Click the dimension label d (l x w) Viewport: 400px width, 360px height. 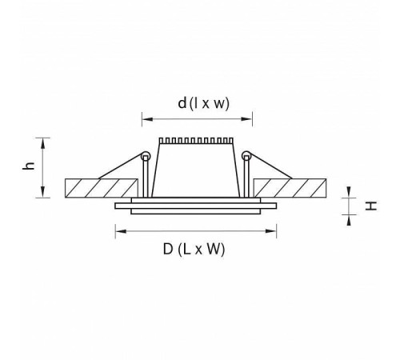[x=203, y=103]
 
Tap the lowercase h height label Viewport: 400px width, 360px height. [x=29, y=166]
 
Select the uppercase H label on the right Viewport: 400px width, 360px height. [x=370, y=206]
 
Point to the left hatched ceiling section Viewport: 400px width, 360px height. [x=102, y=188]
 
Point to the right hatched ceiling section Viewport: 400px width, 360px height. [x=290, y=188]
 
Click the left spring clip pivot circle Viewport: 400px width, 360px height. [x=146, y=156]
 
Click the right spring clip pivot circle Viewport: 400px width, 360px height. [x=246, y=156]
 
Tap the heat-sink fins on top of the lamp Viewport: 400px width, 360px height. [x=196, y=141]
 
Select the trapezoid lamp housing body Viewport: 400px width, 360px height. [x=196, y=170]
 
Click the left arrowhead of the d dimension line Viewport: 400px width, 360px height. [x=147, y=119]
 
